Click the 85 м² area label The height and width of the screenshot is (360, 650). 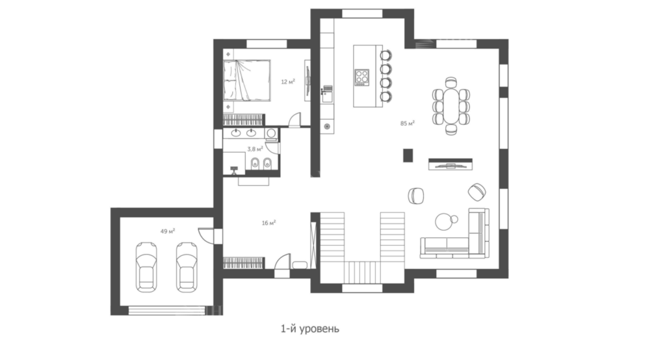[x=408, y=123]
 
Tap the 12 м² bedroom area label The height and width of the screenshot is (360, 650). [x=288, y=82]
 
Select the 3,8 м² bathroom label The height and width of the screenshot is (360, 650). [x=255, y=149]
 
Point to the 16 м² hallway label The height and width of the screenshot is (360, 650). [x=268, y=223]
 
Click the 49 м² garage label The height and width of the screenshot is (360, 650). [x=168, y=231]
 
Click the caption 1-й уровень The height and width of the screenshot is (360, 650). [x=310, y=329]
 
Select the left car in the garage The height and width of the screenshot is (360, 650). [x=147, y=267]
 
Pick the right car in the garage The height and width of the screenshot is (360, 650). [x=187, y=267]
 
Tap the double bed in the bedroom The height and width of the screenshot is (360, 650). [x=246, y=81]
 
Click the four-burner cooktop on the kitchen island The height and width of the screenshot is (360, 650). [x=362, y=77]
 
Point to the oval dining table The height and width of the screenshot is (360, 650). [x=451, y=106]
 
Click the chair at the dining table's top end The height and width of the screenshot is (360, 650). [x=451, y=82]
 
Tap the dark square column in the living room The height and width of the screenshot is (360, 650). [x=408, y=155]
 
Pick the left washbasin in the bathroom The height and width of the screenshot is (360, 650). [x=237, y=133]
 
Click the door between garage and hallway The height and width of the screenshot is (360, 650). [x=206, y=235]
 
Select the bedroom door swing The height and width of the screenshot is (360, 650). [x=294, y=120]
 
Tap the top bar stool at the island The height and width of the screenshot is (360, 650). [x=385, y=55]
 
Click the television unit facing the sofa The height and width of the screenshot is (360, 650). [x=450, y=164]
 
